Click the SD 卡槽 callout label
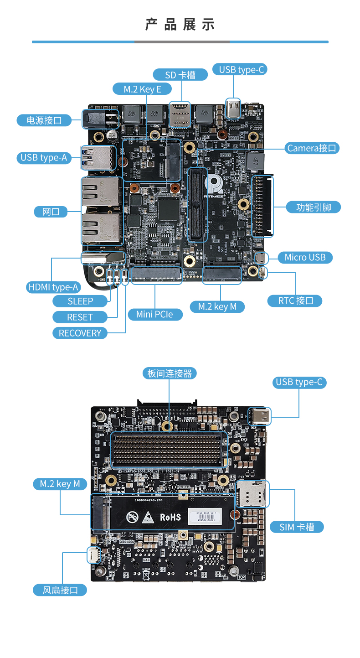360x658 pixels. coord(180,74)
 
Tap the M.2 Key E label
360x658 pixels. coord(142,89)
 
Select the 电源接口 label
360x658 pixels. coord(44,120)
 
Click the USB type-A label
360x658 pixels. coord(44,158)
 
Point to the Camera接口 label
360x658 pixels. coord(312,148)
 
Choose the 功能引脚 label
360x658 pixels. coord(313,207)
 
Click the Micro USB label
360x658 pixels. coord(305,257)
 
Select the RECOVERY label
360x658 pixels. coord(80,333)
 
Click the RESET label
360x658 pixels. coord(80,317)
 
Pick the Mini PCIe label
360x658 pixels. coord(154,314)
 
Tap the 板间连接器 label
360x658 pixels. coord(170,373)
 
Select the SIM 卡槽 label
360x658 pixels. coord(297,527)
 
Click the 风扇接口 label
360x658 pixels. coord(60,590)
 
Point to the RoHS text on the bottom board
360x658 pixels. coord(170,517)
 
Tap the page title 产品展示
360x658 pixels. coord(180,25)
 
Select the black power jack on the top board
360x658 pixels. coord(97,119)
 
